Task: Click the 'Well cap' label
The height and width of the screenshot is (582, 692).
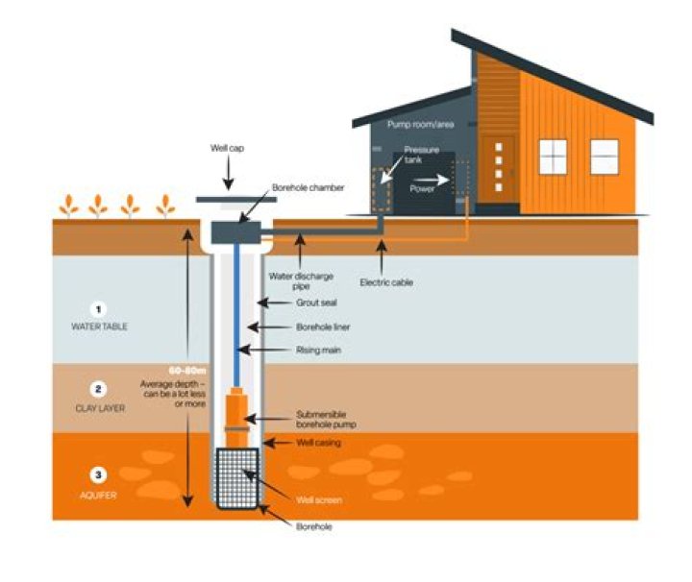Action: pyautogui.click(x=228, y=149)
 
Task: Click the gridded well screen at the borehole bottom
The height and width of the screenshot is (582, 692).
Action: pyautogui.click(x=235, y=478)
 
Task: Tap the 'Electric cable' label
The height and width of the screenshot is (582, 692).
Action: pyautogui.click(x=385, y=282)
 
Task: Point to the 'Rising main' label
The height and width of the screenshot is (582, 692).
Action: pyautogui.click(x=318, y=351)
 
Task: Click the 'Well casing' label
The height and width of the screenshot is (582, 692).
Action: pyautogui.click(x=317, y=443)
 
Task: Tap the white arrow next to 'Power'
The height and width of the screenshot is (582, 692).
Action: pyautogui.click(x=437, y=179)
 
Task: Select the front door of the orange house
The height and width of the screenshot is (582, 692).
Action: pyautogui.click(x=499, y=170)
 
